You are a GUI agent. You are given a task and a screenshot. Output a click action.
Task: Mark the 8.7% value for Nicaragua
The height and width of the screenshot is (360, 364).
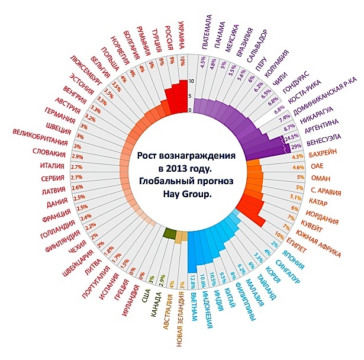[289, 127]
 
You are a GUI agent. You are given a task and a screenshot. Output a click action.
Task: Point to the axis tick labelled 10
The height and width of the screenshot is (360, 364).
[191, 81]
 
